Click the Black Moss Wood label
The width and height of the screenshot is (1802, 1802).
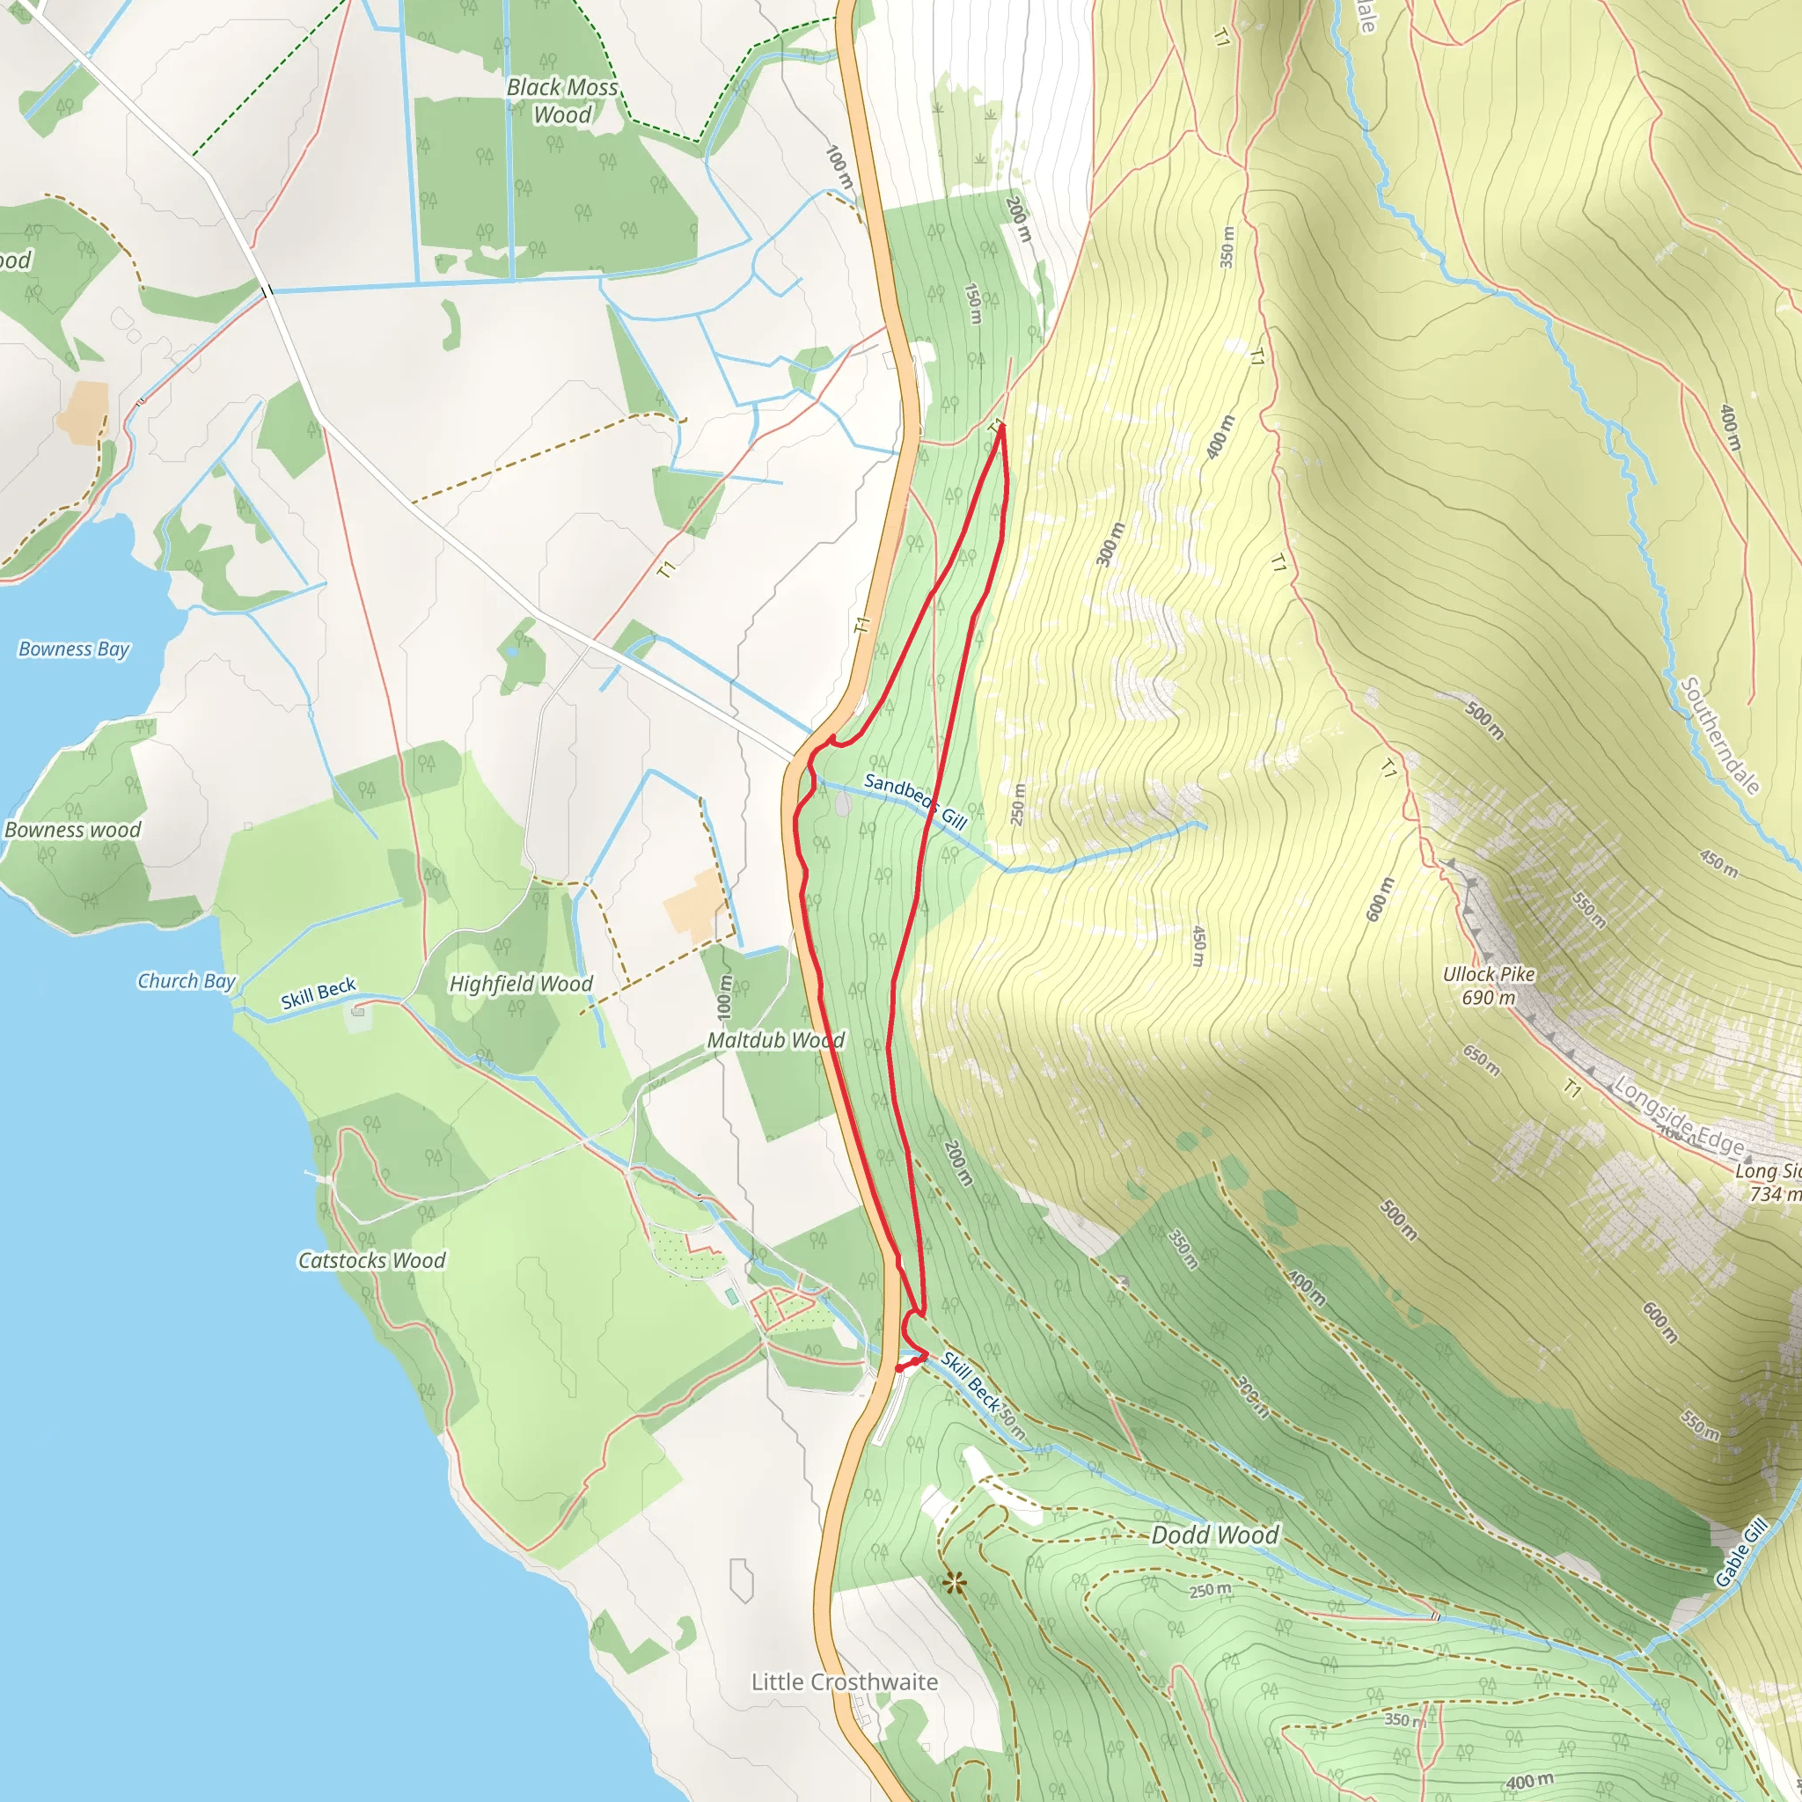point(562,100)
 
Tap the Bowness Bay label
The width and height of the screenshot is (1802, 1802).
point(74,649)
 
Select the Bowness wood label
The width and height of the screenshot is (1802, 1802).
point(73,830)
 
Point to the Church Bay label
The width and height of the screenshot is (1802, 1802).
point(187,981)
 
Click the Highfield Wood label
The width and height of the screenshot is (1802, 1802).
point(521,984)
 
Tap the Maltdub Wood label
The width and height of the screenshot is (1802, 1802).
point(775,1040)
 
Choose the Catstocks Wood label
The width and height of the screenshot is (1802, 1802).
point(371,1261)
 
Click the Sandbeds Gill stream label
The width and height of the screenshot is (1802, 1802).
point(914,802)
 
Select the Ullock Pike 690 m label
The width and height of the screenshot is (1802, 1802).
point(1489,985)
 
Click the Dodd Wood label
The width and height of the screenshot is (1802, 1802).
point(1214,1535)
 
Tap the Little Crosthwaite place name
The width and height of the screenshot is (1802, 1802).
point(844,1681)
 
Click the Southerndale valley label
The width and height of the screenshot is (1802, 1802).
point(1719,736)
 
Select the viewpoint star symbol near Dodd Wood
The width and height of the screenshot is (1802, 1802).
point(953,1583)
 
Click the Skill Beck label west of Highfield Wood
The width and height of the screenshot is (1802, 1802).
point(318,994)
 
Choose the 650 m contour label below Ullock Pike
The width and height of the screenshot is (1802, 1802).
point(1481,1060)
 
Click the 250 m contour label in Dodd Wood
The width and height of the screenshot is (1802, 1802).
point(1210,1590)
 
